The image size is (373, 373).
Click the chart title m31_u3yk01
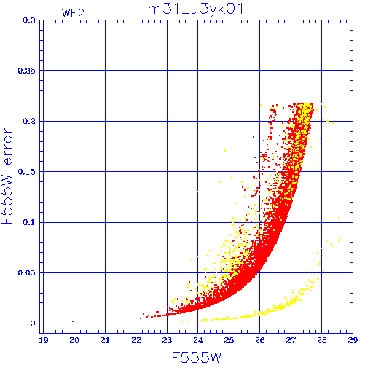click(x=196, y=10)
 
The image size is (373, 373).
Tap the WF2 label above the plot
click(x=73, y=13)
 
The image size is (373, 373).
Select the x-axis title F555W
click(x=197, y=358)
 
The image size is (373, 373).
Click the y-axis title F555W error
click(x=7, y=176)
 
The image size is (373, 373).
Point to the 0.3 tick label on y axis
click(x=29, y=20)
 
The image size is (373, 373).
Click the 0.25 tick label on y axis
click(x=27, y=71)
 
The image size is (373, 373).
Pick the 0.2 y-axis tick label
click(x=29, y=121)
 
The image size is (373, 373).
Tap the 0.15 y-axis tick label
click(x=27, y=172)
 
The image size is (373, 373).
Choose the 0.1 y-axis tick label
click(x=29, y=222)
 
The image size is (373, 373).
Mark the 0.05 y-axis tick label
click(x=27, y=272)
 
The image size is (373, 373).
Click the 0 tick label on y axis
click(x=33, y=323)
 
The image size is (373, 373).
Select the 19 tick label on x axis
click(x=44, y=340)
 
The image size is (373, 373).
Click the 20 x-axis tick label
click(x=74, y=340)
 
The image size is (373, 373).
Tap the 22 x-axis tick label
click(x=136, y=340)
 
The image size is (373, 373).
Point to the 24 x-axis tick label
click(x=198, y=340)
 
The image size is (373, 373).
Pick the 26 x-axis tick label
click(x=260, y=340)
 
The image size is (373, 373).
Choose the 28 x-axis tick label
click(x=322, y=340)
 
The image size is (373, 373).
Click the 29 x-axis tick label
click(x=353, y=340)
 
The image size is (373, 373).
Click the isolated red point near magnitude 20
click(x=73, y=321)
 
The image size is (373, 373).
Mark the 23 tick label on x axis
click(x=167, y=340)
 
